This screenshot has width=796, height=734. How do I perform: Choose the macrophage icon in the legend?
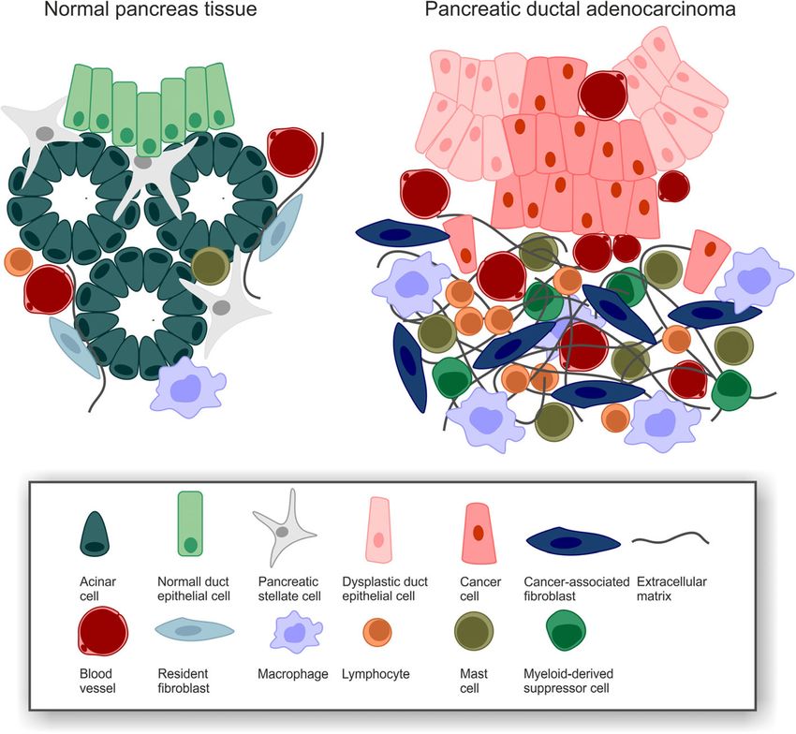290,633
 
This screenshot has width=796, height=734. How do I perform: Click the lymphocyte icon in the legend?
380,634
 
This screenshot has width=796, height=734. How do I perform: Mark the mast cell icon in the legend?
478,633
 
